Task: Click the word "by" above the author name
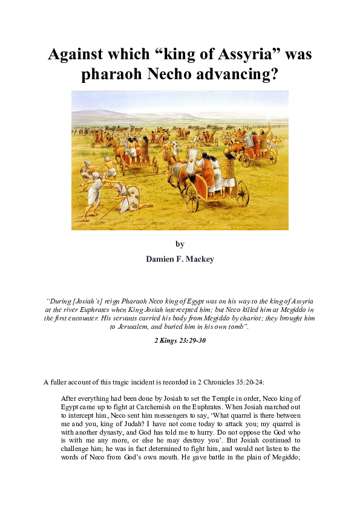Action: click(x=180, y=244)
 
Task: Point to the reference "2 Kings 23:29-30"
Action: click(x=180, y=340)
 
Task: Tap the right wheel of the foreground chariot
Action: click(x=241, y=193)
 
